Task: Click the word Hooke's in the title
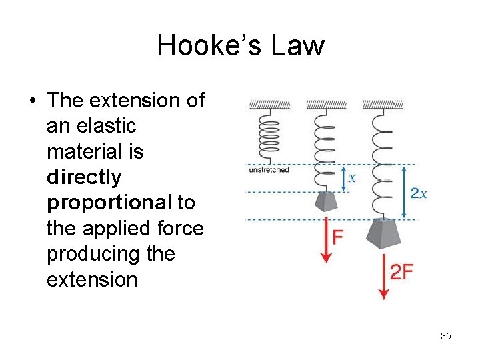click(x=199, y=45)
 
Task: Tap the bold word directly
click(x=84, y=177)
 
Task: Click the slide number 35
click(x=446, y=336)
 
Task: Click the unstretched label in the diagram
click(x=269, y=170)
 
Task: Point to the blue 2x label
click(x=419, y=193)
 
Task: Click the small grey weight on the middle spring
click(x=327, y=201)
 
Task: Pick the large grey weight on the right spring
click(x=383, y=235)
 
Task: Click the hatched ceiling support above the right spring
click(x=383, y=105)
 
